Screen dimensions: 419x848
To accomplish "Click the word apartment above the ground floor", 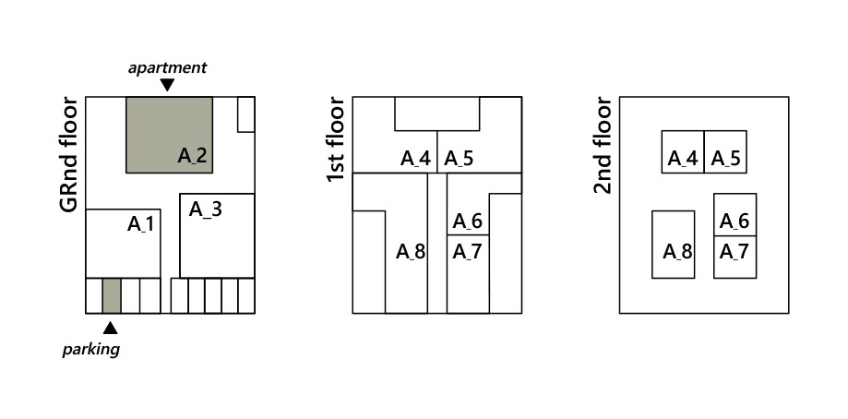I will pos(167,67).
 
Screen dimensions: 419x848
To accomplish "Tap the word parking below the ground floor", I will pos(90,349).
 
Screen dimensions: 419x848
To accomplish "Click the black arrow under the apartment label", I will pos(167,85).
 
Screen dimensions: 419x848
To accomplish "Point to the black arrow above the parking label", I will pos(110,327).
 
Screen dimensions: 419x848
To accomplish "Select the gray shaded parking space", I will pos(111,295).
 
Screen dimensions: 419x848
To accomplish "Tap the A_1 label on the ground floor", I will pos(142,223).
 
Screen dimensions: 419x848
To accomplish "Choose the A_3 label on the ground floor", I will pos(205,209).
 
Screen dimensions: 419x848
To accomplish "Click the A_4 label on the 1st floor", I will pos(415,159).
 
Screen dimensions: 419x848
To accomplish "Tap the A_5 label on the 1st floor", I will pos(459,159).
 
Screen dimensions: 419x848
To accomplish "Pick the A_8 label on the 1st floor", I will pos(411,251).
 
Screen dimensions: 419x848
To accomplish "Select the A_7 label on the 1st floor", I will pos(467,251).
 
